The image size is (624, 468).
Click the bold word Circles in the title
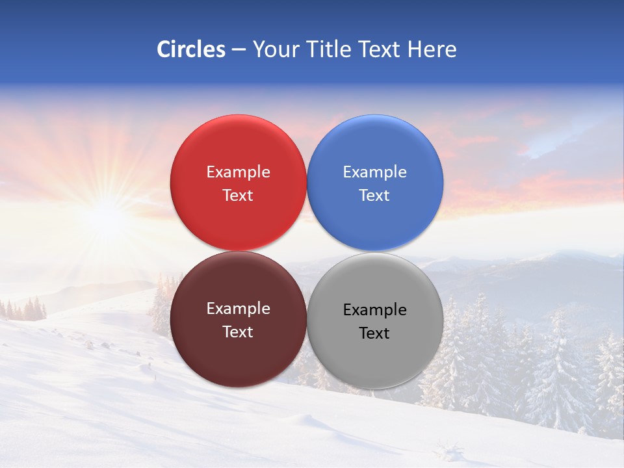191,49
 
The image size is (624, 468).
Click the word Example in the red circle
238,172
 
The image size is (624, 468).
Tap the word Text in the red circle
238,196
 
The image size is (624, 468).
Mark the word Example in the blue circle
374,172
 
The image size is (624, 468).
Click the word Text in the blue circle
374,196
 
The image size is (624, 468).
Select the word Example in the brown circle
238,309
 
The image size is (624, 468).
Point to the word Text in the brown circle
238,332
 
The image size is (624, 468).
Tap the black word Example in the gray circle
374,310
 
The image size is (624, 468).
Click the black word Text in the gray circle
374,333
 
